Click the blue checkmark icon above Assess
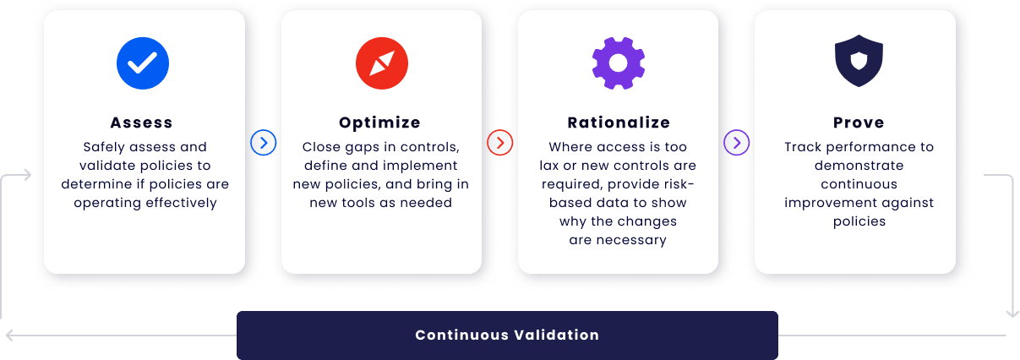tap(143, 63)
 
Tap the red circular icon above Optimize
tap(382, 63)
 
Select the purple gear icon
tap(618, 63)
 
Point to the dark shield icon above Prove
tap(859, 61)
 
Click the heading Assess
tap(142, 123)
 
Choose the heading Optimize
tap(379, 123)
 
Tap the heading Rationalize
tap(619, 123)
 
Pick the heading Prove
tap(859, 123)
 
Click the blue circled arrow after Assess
tap(263, 143)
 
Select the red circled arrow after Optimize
tap(500, 143)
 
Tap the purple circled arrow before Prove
tap(736, 143)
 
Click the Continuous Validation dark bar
tap(507, 335)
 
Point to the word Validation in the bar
tap(557, 335)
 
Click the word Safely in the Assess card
tap(104, 147)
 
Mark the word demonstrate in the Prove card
tap(859, 166)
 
